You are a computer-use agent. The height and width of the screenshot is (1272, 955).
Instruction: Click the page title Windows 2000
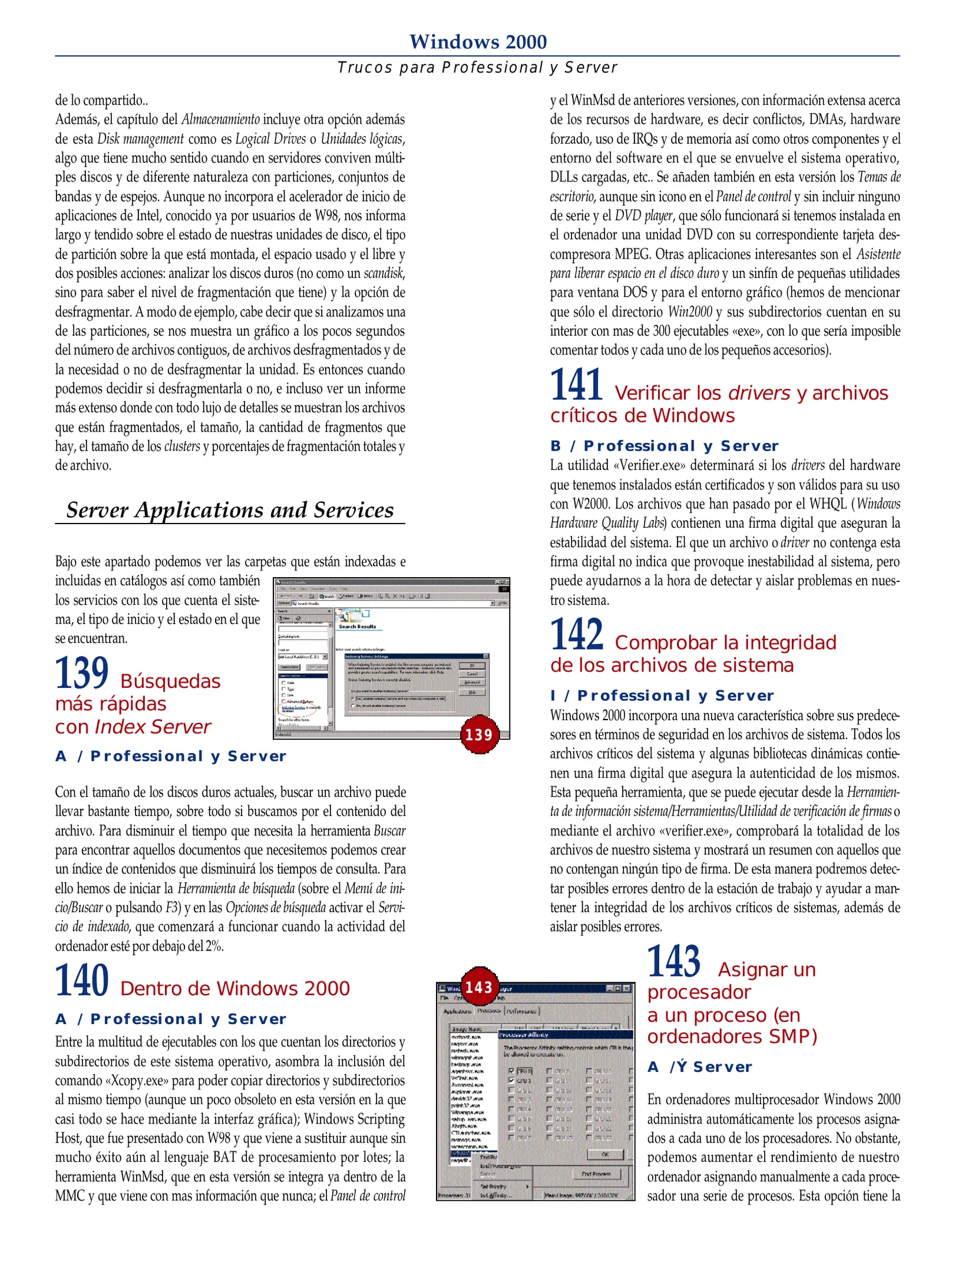click(478, 42)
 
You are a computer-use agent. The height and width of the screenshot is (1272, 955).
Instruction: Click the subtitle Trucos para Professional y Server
click(477, 68)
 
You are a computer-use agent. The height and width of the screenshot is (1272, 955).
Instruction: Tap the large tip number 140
click(82, 980)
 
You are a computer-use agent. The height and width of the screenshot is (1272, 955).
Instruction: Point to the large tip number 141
click(576, 385)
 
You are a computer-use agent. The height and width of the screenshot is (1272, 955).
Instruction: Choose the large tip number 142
click(576, 634)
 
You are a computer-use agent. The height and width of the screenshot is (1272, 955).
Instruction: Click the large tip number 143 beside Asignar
click(674, 961)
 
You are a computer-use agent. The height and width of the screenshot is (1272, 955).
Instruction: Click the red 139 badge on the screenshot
click(478, 734)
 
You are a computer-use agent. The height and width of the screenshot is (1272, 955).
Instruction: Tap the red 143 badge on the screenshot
click(478, 987)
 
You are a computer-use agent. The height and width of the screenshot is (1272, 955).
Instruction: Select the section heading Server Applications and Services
click(230, 510)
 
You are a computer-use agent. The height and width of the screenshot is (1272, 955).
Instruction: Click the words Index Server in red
click(153, 727)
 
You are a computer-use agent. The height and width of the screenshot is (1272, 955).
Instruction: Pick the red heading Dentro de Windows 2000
click(235, 988)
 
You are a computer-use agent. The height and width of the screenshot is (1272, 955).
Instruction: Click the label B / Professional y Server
click(664, 446)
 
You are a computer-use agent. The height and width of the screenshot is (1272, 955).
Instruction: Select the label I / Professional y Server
click(662, 695)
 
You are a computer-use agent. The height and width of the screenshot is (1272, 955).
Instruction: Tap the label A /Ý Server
click(699, 1067)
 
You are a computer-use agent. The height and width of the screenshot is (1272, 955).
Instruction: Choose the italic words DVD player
click(644, 216)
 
